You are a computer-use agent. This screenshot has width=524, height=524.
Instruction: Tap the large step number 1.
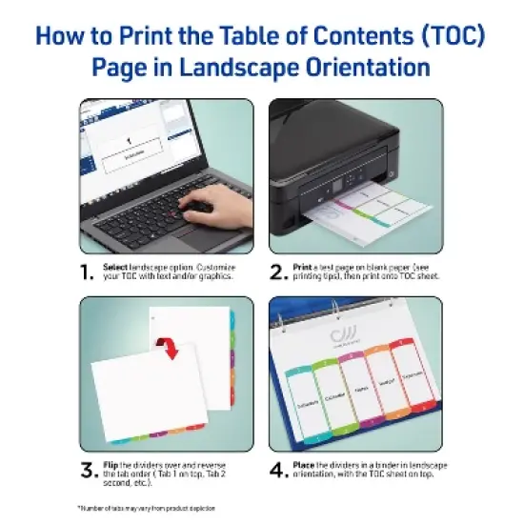click(x=88, y=273)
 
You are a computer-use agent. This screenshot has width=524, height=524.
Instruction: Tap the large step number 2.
click(x=279, y=273)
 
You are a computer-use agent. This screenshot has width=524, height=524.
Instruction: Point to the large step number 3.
click(x=88, y=469)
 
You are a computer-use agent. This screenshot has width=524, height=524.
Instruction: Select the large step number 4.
click(x=279, y=469)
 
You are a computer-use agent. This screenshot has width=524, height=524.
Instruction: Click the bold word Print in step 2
click(x=305, y=267)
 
